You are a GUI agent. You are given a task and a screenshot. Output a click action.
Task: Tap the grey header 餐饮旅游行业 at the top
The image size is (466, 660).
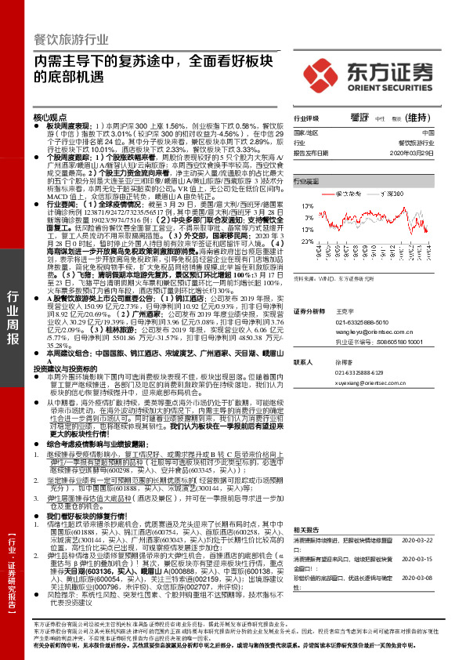pos(70,39)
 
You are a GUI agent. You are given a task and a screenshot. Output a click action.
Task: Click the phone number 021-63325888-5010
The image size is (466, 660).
pos(362,321)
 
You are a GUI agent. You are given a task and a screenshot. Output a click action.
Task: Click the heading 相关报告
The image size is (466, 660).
pos(305,531)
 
